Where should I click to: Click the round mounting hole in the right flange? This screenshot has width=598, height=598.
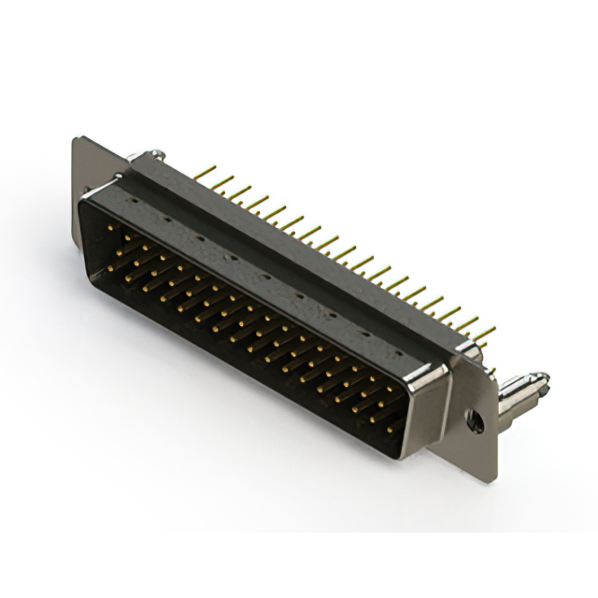click(x=476, y=421)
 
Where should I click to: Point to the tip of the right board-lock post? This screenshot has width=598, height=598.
click(x=544, y=378)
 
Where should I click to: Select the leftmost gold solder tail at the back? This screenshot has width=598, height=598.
click(x=200, y=173)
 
